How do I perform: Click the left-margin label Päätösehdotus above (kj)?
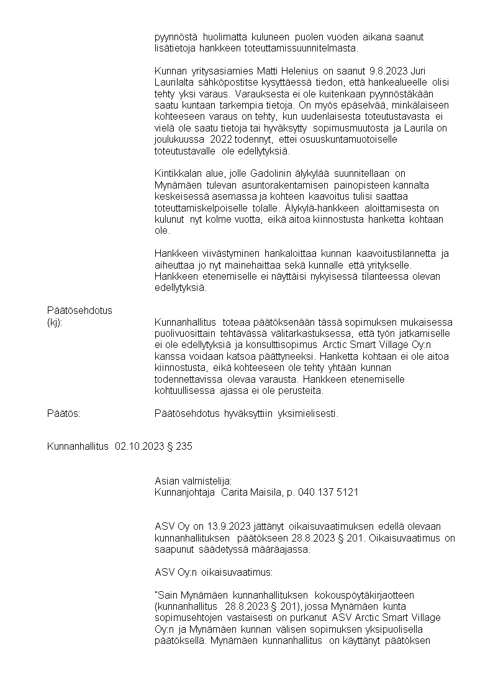[x=79, y=310]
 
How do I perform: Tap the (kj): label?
[x=55, y=322]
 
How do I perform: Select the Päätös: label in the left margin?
[x=65, y=413]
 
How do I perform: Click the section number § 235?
[x=180, y=447]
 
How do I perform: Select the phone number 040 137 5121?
[x=328, y=492]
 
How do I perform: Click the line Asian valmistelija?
[x=193, y=481]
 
